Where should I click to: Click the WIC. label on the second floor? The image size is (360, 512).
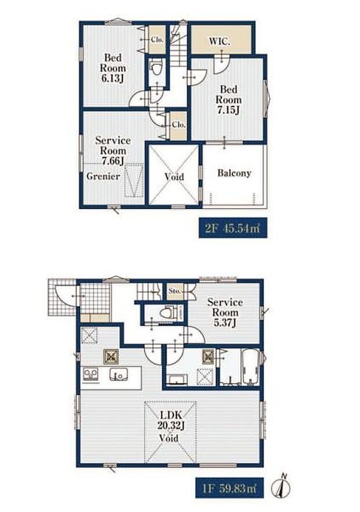219,42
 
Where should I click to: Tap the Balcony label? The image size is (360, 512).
235,173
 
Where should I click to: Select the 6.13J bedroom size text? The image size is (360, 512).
113,78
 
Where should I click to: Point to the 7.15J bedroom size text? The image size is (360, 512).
228,110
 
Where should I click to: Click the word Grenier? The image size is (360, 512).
103,176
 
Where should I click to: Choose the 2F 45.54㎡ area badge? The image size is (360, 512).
233,228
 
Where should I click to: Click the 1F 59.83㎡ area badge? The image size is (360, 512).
229,488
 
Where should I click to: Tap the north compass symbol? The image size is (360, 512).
281,486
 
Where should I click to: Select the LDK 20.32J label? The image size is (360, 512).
171,420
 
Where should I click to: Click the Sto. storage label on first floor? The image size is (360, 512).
174,291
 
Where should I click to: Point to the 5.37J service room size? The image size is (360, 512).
225,323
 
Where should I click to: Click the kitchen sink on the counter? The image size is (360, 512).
118,374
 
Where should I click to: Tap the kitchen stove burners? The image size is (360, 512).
91,374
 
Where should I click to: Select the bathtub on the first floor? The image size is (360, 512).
250,367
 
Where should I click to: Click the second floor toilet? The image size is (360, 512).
156,68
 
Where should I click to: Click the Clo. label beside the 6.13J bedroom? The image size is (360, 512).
157,40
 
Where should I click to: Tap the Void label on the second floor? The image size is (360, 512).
174,177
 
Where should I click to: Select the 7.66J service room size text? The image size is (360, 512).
113,161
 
